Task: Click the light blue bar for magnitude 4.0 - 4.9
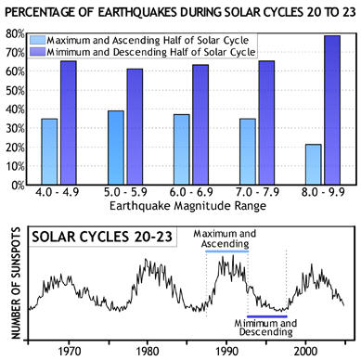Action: pyautogui.click(x=49, y=151)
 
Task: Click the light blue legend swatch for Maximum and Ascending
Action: pyautogui.click(x=43, y=40)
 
